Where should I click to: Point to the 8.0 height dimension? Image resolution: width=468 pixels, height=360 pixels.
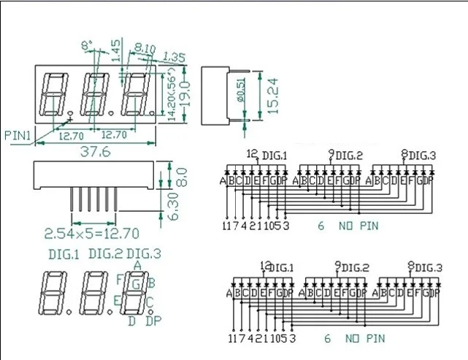pos(183,175)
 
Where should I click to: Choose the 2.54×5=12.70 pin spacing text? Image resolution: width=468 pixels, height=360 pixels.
pos(91,234)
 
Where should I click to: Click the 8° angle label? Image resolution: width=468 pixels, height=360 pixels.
pos(87,45)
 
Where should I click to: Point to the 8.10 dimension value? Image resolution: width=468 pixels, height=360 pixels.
pos(146,49)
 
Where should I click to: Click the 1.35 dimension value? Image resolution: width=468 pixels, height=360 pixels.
pos(174,55)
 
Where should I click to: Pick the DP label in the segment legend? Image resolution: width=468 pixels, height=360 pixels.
pos(153,321)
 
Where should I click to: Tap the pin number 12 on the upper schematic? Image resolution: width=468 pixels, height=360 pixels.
pos(253,153)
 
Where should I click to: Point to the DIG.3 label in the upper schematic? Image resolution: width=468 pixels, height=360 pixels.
pos(422,155)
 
